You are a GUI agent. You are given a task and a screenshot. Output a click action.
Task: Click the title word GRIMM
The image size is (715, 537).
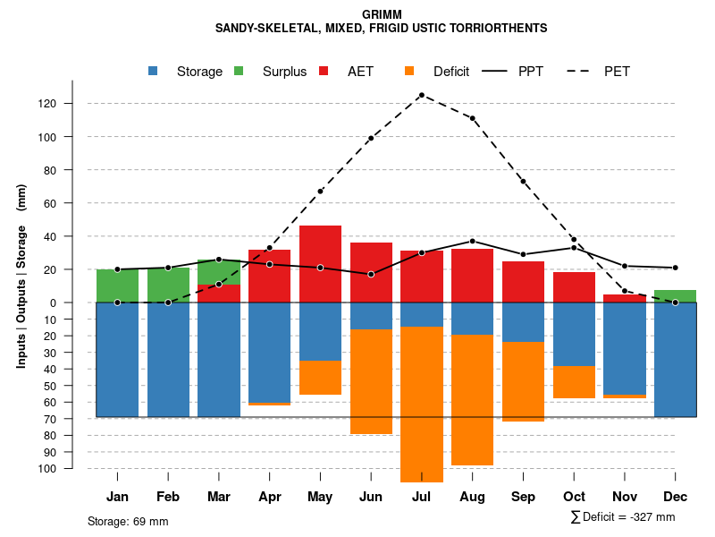coord(382,14)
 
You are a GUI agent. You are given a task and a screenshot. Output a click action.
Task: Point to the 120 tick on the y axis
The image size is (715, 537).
coord(71,104)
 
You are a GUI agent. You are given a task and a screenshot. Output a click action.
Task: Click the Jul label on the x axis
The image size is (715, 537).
coord(421,497)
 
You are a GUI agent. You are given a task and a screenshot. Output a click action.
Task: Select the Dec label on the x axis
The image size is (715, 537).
coord(676,497)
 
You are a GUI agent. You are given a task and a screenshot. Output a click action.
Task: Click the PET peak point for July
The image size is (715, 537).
coord(421,95)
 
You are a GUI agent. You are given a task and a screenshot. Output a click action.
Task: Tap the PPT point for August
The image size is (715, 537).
coord(472,241)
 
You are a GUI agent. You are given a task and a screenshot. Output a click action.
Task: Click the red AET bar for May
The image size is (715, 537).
coord(320,264)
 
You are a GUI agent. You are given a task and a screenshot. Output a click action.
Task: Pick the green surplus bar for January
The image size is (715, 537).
coord(117,286)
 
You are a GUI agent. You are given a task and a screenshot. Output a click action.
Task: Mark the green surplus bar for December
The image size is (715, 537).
coord(676,296)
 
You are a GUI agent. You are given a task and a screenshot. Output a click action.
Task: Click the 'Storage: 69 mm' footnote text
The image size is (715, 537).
coord(128,521)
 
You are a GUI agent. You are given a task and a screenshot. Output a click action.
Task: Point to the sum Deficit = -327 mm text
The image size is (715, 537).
coord(622,517)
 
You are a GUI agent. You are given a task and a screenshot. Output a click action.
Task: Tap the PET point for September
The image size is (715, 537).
coord(523,182)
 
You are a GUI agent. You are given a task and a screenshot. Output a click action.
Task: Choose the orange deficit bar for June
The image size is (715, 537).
coord(371,381)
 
